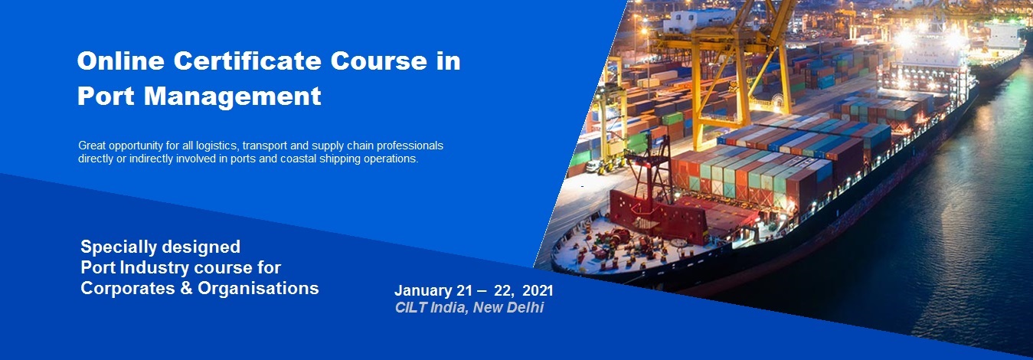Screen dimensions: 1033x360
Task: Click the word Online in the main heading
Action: (121, 61)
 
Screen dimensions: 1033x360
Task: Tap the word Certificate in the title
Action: (247, 61)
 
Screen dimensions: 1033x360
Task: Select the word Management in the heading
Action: (233, 96)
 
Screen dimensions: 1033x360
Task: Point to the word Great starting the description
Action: (92, 146)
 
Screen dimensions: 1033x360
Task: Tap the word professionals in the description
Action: (410, 146)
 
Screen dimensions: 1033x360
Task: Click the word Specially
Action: (117, 247)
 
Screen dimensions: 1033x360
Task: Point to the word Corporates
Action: (128, 289)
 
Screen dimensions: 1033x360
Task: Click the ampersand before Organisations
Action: (186, 289)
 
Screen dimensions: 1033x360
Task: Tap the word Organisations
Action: (258, 289)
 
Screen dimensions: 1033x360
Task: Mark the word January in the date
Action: (423, 291)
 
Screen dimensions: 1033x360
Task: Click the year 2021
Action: (538, 290)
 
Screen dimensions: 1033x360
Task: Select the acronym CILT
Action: (410, 307)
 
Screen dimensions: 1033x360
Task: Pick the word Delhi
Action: (527, 307)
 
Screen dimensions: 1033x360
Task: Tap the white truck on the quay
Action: (592, 165)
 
